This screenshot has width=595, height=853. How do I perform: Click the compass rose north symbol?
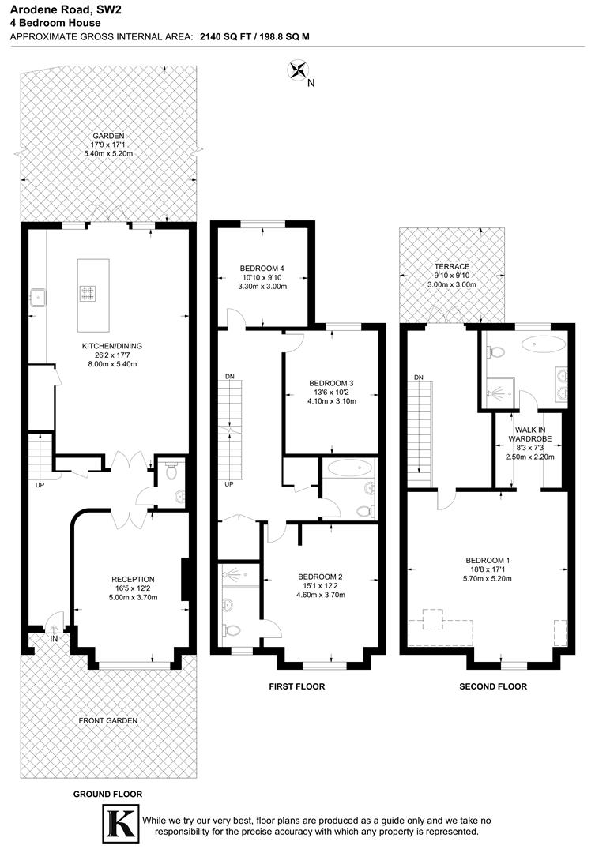point(299,71)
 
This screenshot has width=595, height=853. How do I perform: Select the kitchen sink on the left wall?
point(36,297)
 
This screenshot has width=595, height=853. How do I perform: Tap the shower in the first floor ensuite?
point(235,577)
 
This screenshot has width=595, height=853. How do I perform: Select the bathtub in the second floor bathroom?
point(544,343)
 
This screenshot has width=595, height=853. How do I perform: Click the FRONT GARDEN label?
point(107,720)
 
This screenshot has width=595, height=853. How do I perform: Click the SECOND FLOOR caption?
point(493,686)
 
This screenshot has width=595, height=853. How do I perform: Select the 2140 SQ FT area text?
point(226,36)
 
